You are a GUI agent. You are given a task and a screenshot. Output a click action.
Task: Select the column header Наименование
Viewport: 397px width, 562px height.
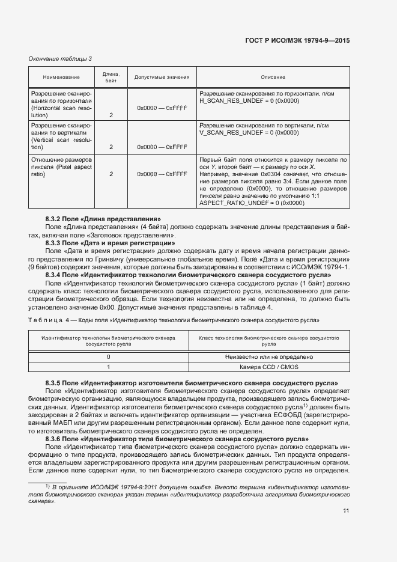(x=61, y=78)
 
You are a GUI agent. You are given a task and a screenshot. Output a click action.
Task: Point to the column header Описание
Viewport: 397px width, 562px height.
(x=273, y=78)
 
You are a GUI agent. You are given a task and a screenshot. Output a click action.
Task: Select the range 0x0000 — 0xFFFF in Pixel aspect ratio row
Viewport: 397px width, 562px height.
(x=163, y=174)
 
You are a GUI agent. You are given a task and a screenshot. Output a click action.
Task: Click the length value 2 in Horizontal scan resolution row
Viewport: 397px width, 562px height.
(x=111, y=115)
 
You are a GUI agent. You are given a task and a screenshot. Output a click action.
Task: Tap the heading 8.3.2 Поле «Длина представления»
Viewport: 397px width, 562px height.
(x=103, y=219)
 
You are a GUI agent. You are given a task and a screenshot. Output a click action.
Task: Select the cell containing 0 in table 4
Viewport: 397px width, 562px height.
(x=108, y=356)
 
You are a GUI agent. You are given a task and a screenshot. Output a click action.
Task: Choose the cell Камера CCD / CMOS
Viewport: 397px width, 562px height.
(x=268, y=367)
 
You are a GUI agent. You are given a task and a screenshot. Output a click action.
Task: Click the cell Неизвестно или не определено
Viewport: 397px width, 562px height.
(x=268, y=356)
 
